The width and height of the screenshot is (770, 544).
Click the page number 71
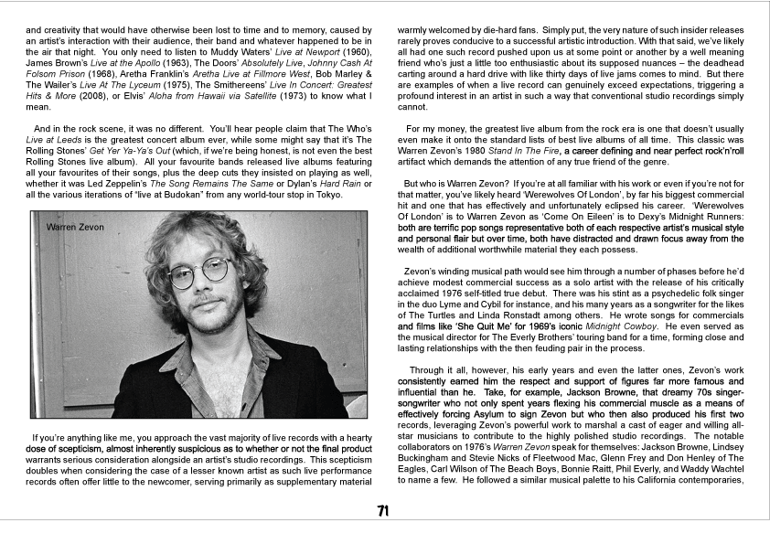pos(384,510)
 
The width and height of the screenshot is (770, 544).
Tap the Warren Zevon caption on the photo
pos(76,226)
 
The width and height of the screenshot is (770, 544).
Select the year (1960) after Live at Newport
pos(352,54)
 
